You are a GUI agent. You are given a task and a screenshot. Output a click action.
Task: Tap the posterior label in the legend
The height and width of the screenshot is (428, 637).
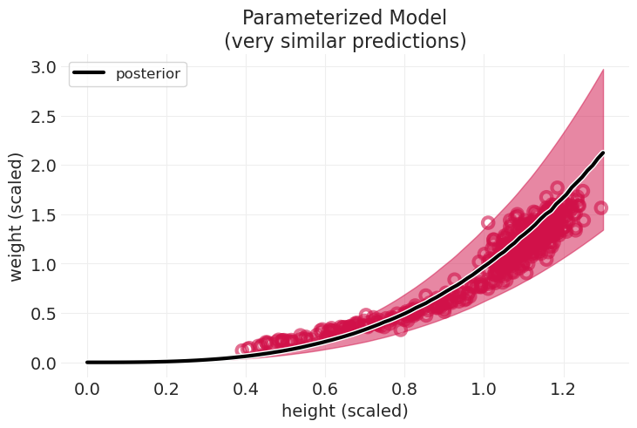[148, 74]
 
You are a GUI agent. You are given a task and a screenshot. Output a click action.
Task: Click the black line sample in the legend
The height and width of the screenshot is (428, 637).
[91, 74]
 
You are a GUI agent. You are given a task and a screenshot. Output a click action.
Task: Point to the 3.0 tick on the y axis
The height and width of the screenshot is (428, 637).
[44, 67]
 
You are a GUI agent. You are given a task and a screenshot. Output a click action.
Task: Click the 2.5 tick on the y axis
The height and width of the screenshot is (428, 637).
[44, 117]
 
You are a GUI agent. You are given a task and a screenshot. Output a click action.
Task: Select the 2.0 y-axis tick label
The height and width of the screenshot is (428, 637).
[44, 166]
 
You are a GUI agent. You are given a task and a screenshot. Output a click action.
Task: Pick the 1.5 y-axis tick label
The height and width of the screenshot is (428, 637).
[44, 215]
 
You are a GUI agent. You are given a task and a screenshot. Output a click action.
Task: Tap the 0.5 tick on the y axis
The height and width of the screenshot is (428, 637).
[44, 314]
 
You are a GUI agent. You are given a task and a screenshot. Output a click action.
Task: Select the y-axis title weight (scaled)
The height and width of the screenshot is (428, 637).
[17, 215]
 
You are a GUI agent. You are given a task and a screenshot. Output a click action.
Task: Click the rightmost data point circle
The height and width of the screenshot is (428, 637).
[600, 207]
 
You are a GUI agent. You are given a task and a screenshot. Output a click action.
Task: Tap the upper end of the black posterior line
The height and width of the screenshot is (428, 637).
[603, 153]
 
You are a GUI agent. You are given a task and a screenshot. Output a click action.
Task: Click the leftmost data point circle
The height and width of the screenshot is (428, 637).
[242, 350]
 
